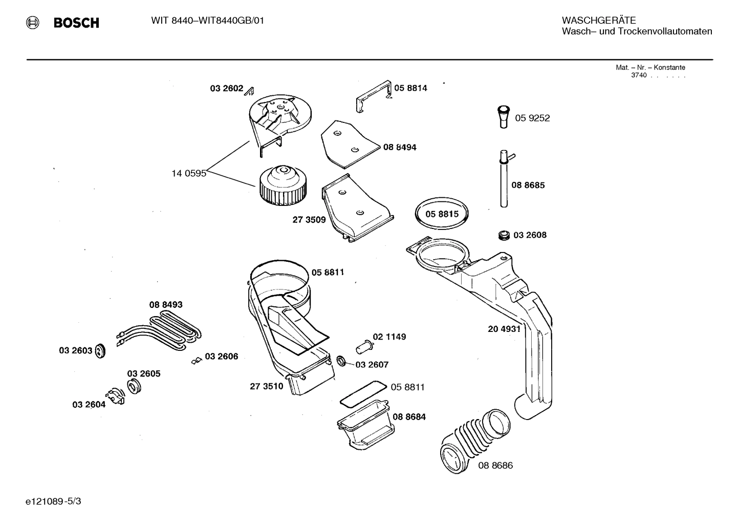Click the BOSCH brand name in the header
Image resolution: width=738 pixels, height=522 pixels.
tap(76, 23)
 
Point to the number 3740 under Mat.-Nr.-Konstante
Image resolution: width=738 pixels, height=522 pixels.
tap(639, 75)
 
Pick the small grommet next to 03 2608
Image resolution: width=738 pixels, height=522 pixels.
tap(504, 235)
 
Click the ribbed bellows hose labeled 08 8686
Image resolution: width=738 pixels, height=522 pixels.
tap(473, 438)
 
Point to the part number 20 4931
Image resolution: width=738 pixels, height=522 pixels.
tap(504, 329)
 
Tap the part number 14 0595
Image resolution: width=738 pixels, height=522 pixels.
tap(188, 173)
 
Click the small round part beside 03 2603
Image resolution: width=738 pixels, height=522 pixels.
tap(100, 351)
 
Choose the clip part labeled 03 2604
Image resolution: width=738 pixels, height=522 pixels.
tap(115, 397)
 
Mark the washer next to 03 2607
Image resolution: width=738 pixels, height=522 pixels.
tap(340, 362)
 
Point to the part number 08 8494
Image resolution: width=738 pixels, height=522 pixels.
tap(400, 148)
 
